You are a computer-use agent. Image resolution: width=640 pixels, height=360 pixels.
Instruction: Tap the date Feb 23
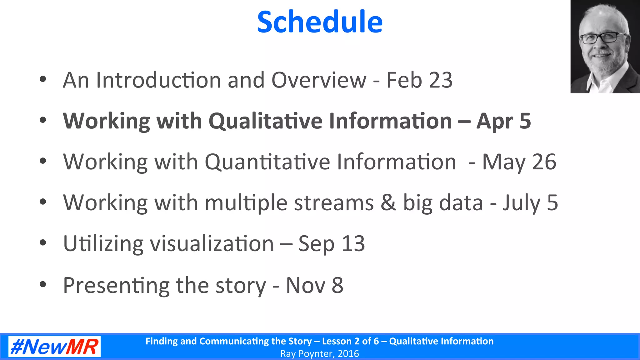419,80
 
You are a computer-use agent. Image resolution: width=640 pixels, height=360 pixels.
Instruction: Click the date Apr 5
503,121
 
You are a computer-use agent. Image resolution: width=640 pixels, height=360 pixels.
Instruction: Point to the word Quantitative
267,162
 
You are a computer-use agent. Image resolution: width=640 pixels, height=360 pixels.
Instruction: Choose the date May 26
519,162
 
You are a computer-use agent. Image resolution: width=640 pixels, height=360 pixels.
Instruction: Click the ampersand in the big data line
388,202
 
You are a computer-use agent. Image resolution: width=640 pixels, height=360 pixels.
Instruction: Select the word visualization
212,244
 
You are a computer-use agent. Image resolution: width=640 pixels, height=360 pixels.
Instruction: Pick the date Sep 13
332,244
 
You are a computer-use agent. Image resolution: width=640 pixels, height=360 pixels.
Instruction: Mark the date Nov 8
314,285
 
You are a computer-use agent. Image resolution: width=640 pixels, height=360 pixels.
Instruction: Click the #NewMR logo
54,347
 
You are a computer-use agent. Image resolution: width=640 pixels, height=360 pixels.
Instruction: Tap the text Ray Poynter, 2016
320,354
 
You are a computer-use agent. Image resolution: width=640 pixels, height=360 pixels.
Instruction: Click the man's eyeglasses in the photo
599,38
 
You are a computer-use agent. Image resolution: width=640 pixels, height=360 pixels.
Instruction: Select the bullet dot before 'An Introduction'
43,79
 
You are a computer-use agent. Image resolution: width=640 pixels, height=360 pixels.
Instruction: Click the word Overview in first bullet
319,80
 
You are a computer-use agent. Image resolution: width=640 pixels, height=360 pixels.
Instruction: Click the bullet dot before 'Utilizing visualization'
43,243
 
